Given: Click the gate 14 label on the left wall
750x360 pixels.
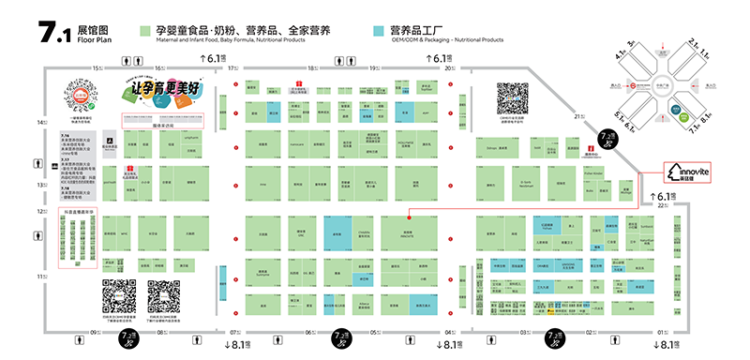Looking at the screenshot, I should click(40, 123).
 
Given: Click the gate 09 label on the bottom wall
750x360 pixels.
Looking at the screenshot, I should click(93, 332).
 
